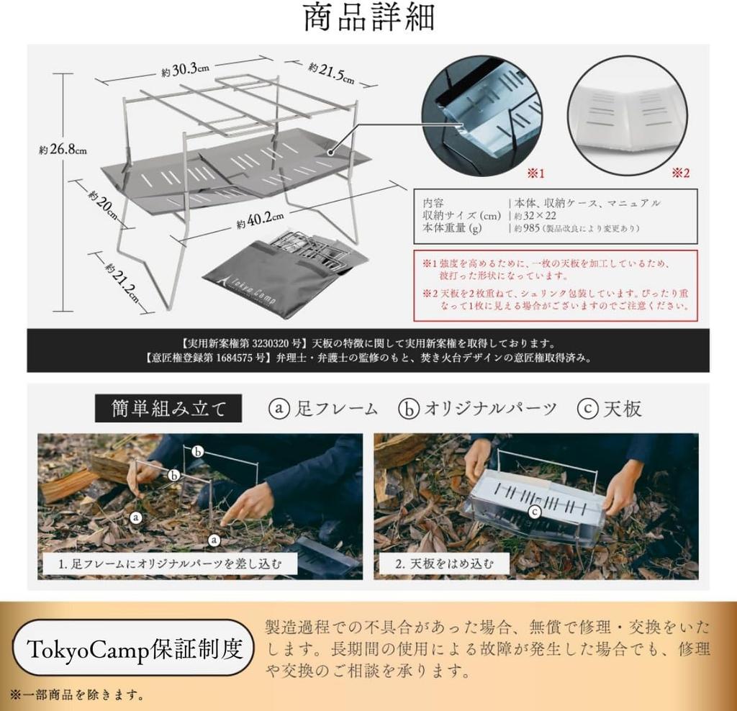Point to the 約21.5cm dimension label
pos(332,72)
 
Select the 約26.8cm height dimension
pos(63,150)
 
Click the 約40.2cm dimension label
pos(260,219)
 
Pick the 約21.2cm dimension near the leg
pos(121,278)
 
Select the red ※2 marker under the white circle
pos(681,173)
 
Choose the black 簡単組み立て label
pos(169,409)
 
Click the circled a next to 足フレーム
pos(279,409)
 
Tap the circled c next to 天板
pos(588,409)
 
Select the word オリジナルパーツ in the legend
pos(490,409)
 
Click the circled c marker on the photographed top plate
pos(534,512)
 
